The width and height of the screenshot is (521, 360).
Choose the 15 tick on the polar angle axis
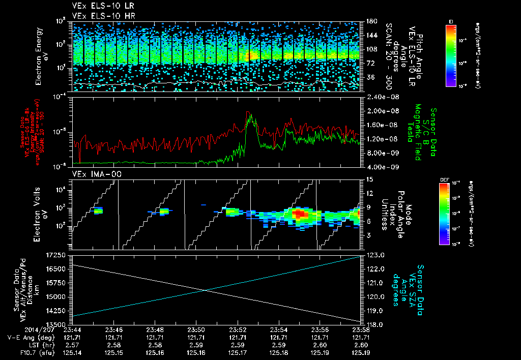tap(368, 179)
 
